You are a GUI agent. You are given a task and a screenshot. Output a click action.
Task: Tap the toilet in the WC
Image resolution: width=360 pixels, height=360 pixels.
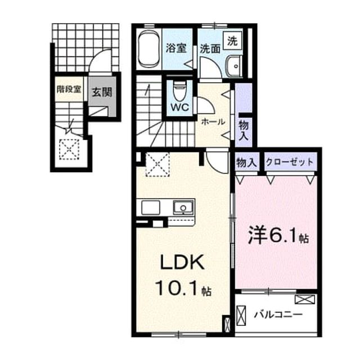(179, 91)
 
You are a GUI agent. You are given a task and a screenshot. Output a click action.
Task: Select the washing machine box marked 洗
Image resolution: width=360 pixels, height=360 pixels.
(232, 41)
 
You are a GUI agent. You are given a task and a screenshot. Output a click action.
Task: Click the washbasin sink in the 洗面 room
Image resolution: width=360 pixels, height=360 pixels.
(234, 66)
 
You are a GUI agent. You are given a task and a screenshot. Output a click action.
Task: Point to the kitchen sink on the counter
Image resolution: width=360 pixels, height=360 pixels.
(183, 208)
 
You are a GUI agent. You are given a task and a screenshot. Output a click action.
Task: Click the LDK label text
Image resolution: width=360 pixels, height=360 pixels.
(182, 263)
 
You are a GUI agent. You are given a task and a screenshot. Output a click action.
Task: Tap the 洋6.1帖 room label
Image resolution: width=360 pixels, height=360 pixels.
(278, 235)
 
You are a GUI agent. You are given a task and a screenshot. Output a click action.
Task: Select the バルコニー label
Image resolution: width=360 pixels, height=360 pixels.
(278, 314)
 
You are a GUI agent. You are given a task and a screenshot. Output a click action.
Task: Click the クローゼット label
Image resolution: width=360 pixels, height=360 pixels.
(290, 162)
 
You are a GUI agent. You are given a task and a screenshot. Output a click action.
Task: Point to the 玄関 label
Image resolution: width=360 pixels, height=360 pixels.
(102, 92)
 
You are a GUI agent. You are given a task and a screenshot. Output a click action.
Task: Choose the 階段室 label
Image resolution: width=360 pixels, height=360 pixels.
(69, 89)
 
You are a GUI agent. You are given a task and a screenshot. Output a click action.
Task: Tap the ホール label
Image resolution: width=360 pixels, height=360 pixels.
(213, 122)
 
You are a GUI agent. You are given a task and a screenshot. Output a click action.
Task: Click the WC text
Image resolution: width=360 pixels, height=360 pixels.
(179, 107)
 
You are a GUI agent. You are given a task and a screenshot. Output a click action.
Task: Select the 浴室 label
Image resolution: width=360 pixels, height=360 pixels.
(176, 48)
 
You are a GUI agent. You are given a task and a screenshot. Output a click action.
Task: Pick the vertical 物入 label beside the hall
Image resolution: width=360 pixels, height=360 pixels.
(244, 130)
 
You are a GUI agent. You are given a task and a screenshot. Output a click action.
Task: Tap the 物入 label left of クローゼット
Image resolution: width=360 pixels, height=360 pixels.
(246, 163)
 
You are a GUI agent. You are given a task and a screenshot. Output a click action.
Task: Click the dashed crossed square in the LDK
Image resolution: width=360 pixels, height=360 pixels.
(157, 165)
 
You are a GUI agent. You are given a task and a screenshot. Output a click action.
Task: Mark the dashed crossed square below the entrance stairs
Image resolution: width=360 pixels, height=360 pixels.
(69, 150)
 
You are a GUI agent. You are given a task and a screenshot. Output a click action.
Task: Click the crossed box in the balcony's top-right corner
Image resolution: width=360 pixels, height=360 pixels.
(305, 299)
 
